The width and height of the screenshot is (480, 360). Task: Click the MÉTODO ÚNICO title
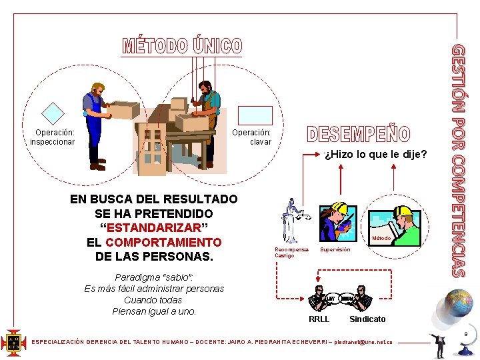click(x=182, y=46)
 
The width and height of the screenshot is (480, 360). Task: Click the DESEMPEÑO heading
click(x=359, y=134)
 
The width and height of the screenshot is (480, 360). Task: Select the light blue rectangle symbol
click(x=256, y=115)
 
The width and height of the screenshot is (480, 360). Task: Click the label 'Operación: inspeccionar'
click(x=53, y=137)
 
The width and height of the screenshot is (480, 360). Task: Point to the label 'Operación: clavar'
click(x=252, y=137)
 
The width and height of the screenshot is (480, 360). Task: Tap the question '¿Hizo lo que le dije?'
click(x=376, y=155)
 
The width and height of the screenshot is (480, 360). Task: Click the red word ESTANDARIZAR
click(x=154, y=227)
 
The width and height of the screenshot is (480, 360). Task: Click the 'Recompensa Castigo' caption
click(x=291, y=252)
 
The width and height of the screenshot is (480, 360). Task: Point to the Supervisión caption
click(x=335, y=249)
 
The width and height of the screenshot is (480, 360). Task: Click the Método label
click(x=381, y=238)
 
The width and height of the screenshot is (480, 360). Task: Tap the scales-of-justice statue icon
click(x=291, y=220)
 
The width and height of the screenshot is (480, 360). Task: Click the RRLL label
click(x=319, y=319)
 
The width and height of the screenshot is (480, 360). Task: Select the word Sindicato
click(x=367, y=319)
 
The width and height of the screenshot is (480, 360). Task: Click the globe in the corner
click(x=458, y=303)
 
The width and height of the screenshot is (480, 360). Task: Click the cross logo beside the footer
click(x=13, y=342)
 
